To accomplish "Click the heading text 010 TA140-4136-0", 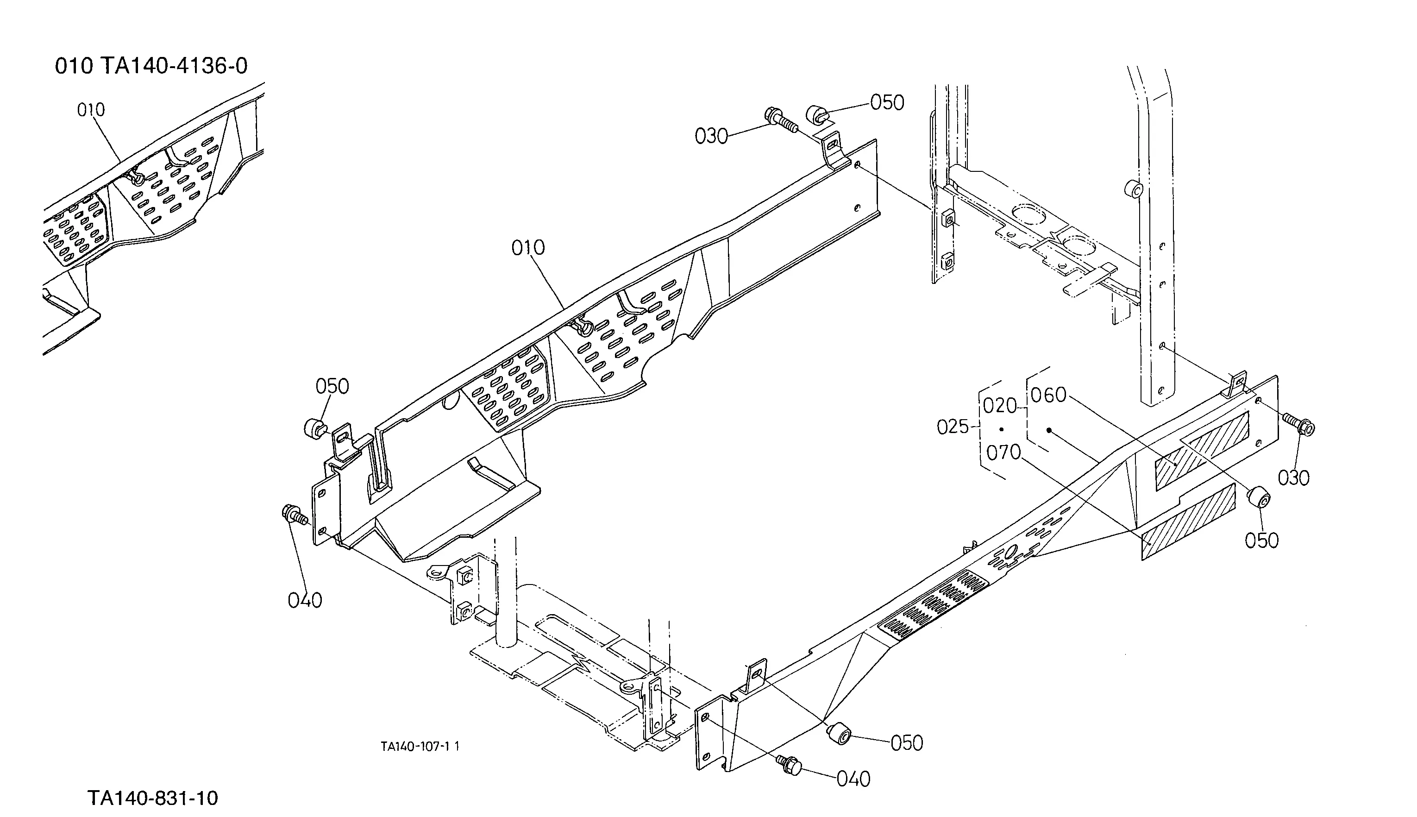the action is point(151,66).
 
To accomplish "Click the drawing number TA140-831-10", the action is point(153,798).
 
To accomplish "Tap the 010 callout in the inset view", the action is point(91,109).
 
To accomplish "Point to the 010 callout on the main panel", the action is point(528,247).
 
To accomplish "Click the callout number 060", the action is point(1048,395).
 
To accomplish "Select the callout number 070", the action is point(1003,452).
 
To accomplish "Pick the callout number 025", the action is point(953,427).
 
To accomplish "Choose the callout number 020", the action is point(1000,405).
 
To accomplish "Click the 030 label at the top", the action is point(711,136).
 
